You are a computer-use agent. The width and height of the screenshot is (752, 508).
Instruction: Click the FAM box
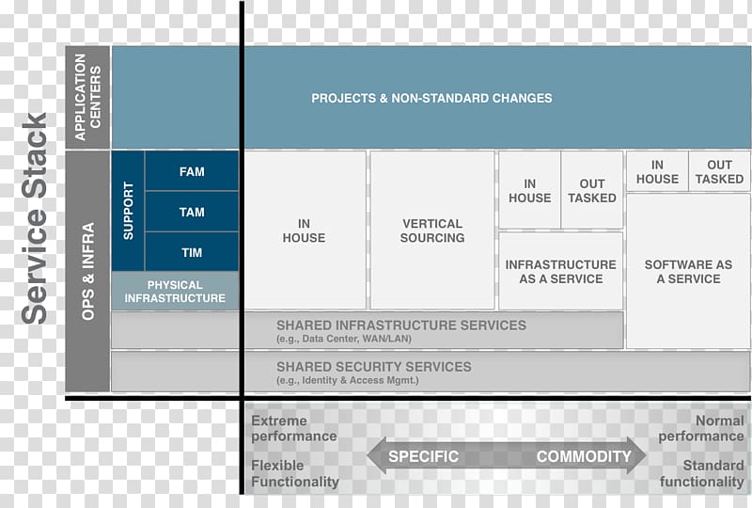(192, 171)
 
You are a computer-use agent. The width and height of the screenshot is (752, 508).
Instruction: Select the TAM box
(192, 212)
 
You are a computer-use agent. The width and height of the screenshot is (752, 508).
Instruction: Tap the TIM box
(192, 252)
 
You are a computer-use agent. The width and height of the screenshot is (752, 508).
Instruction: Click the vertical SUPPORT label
(128, 211)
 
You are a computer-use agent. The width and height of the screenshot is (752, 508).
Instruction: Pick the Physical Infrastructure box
(175, 291)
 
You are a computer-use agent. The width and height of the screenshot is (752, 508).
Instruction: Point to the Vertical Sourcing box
(432, 230)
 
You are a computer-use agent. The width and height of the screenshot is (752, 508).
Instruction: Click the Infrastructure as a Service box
(560, 271)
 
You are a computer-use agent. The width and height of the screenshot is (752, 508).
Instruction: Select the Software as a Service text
(688, 272)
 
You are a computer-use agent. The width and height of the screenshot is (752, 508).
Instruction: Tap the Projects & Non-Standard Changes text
(431, 99)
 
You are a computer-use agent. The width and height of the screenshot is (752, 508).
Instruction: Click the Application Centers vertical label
(87, 97)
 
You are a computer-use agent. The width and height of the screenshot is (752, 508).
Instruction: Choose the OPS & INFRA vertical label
(87, 271)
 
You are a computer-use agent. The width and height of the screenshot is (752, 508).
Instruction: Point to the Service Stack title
(34, 218)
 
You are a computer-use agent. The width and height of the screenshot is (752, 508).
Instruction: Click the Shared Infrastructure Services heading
(401, 325)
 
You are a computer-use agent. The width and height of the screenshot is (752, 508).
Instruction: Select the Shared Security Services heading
(374, 367)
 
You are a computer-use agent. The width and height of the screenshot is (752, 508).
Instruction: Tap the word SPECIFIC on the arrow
(424, 456)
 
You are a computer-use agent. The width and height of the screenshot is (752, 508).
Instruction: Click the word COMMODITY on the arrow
(584, 456)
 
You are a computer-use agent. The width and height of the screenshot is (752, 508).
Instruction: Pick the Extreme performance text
(294, 428)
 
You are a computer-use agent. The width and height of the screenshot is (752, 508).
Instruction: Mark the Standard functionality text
(701, 473)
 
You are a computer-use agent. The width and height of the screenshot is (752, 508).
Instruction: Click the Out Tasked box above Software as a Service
(719, 171)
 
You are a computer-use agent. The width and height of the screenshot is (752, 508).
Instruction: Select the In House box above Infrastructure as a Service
(529, 191)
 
